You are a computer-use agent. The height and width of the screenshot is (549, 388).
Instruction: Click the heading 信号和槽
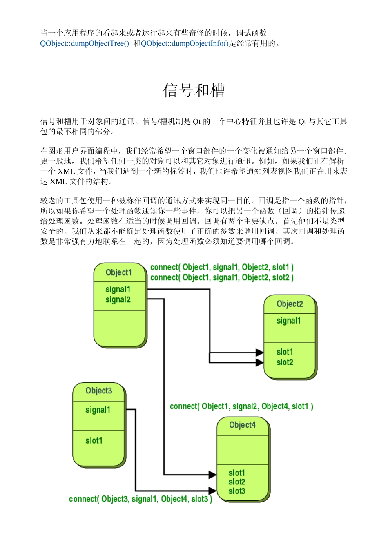pyautogui.click(x=194, y=90)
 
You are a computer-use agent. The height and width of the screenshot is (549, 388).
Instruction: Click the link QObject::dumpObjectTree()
pyautogui.click(x=85, y=43)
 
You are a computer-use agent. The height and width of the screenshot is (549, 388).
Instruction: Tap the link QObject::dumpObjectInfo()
pyautogui.click(x=185, y=43)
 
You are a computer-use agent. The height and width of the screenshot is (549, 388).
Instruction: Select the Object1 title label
pyautogui.click(x=119, y=272)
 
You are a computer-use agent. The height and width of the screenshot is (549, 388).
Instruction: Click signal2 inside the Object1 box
pyautogui.click(x=118, y=299)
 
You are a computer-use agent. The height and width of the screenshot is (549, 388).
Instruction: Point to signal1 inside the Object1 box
pyautogui.click(x=118, y=289)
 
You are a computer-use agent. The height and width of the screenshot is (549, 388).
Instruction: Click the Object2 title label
pyautogui.click(x=290, y=304)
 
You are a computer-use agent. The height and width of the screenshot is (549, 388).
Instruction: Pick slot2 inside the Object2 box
pyautogui.click(x=285, y=362)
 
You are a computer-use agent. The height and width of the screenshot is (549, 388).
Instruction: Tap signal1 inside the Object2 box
pyautogui.click(x=289, y=321)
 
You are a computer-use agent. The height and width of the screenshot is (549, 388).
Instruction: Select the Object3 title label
pyautogui.click(x=99, y=391)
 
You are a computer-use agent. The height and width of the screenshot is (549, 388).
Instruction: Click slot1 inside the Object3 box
pyautogui.click(x=94, y=440)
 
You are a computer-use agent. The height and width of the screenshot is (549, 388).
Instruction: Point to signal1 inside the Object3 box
pyautogui.click(x=98, y=410)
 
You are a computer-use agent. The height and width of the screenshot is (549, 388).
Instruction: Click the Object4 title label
pyautogui.click(x=242, y=425)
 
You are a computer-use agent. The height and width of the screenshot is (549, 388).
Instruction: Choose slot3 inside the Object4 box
pyautogui.click(x=237, y=491)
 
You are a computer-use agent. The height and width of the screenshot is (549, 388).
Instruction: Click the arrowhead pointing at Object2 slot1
pyautogui.click(x=260, y=352)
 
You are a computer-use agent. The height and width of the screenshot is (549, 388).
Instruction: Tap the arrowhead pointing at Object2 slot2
pyautogui.click(x=260, y=362)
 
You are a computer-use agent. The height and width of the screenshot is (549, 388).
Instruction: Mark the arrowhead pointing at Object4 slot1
pyautogui.click(x=212, y=475)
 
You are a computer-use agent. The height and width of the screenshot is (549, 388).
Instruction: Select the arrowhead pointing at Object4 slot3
pyautogui.click(x=212, y=491)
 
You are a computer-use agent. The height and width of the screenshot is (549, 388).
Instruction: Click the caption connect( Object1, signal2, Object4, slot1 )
pyautogui.click(x=241, y=406)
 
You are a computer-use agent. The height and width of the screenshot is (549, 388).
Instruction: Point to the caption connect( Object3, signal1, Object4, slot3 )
pyautogui.click(x=140, y=499)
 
